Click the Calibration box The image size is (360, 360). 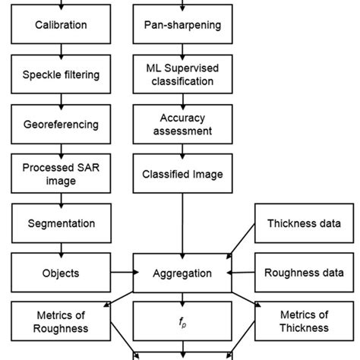tap(61, 25)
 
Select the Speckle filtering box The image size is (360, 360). tap(61, 74)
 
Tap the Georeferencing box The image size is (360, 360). tap(61, 124)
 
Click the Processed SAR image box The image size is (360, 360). tap(61, 173)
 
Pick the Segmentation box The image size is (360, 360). tap(61, 223)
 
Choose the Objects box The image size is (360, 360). tap(61, 273)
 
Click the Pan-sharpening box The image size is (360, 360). tap(182, 25)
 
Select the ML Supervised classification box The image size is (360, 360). tap(182, 74)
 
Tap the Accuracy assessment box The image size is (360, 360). tap(182, 124)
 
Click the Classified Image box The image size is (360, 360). tap(182, 174)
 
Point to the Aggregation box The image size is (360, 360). tap(182, 273)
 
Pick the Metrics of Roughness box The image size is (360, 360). tap(61, 321)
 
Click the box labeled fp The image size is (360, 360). tap(182, 321)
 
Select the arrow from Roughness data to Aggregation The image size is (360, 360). tap(244, 273)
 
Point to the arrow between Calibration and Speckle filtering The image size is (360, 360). tap(61, 50)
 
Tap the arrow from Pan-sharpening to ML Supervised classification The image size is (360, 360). tap(182, 50)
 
